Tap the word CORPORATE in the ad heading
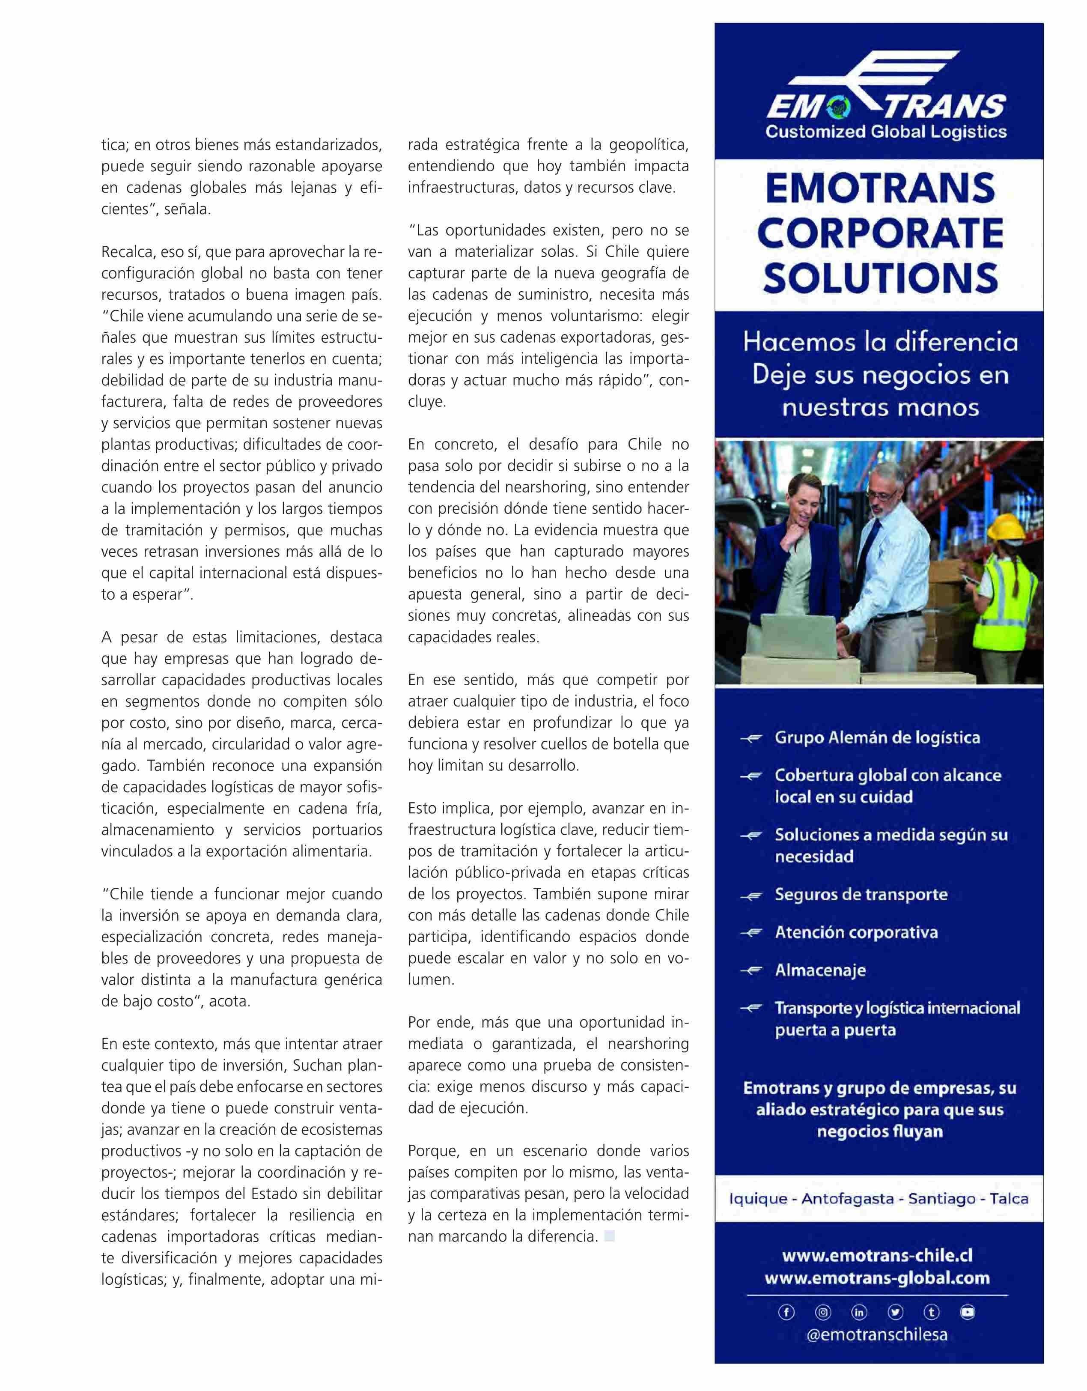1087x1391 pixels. pyautogui.click(x=880, y=233)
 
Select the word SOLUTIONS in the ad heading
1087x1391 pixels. pyautogui.click(x=880, y=278)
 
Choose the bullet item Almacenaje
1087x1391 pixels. pyautogui.click(x=820, y=970)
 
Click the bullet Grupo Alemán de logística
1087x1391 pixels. pyautogui.click(x=877, y=737)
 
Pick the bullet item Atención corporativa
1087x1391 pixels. pyautogui.click(x=856, y=932)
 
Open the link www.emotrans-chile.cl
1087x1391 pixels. pyautogui.click(x=877, y=1255)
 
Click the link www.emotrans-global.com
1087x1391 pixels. pyautogui.click(x=877, y=1278)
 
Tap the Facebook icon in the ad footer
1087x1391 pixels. pyautogui.click(x=786, y=1312)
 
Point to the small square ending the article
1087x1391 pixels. pyautogui.click(x=609, y=1237)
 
